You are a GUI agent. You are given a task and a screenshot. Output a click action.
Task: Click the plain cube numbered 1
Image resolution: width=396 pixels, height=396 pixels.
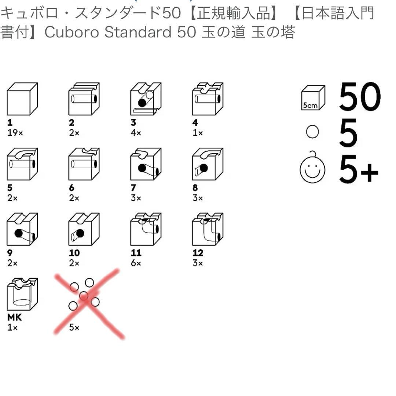click(22, 99)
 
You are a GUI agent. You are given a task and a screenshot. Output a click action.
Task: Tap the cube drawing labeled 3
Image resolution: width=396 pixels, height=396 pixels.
click(146, 99)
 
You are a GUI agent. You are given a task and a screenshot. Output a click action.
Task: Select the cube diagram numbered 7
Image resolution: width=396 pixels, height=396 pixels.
click(146, 164)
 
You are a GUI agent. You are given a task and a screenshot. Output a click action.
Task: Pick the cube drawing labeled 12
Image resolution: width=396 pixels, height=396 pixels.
click(208, 229)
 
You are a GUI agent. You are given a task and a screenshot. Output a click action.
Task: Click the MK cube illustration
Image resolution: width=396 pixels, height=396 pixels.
click(22, 294)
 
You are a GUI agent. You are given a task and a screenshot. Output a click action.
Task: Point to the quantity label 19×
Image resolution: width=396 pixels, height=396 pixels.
click(15, 133)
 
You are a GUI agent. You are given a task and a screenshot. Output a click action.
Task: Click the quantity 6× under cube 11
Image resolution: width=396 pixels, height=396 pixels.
click(136, 263)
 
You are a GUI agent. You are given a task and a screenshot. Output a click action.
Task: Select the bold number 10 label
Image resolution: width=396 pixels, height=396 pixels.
click(74, 253)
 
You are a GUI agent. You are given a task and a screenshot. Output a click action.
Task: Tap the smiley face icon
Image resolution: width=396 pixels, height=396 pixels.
click(312, 169)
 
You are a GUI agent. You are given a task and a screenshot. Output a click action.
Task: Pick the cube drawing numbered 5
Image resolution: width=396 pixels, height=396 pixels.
click(22, 164)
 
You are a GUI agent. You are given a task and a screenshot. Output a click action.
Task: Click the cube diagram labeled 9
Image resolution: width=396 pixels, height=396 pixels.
click(22, 229)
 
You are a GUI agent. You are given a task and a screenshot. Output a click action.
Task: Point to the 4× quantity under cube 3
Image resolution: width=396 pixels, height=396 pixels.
click(136, 133)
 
